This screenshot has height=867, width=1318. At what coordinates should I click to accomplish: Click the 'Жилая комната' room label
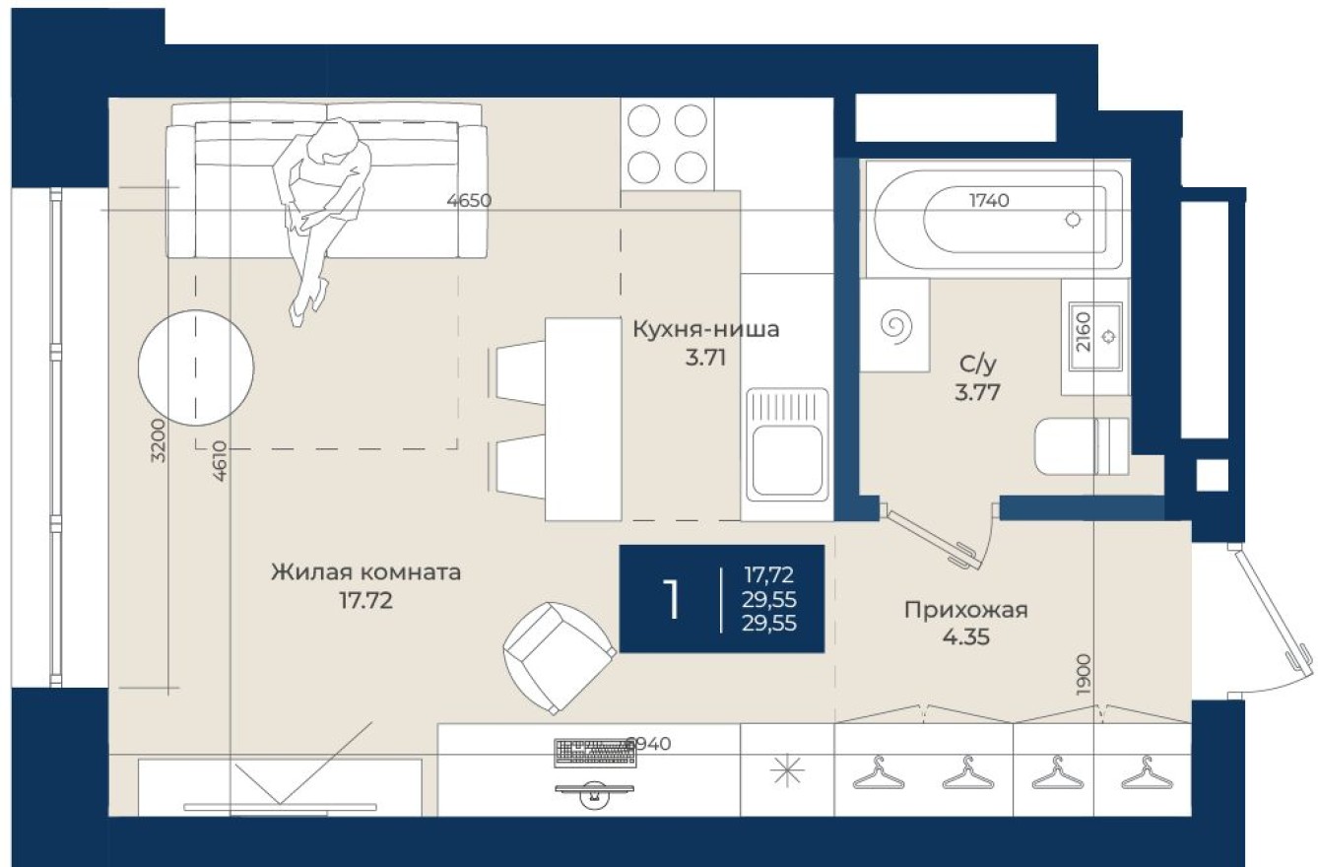pos(366,572)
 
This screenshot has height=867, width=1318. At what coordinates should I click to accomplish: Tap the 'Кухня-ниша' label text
pos(705,329)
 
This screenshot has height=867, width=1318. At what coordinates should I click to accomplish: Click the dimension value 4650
pos(468,201)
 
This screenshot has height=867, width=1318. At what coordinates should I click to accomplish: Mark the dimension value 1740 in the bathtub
pos(989,201)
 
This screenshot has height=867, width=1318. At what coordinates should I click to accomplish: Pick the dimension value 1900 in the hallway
pos(1083,676)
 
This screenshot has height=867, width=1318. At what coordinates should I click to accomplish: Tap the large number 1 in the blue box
pos(672,599)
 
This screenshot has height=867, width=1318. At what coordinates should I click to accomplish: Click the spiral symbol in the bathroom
pos(895,325)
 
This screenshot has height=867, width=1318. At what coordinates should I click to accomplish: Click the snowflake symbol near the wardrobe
pos(787,771)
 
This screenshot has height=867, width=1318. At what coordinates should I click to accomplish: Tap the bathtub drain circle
pos(1073,220)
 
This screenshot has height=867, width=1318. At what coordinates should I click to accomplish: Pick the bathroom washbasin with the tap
pos(1095,336)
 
